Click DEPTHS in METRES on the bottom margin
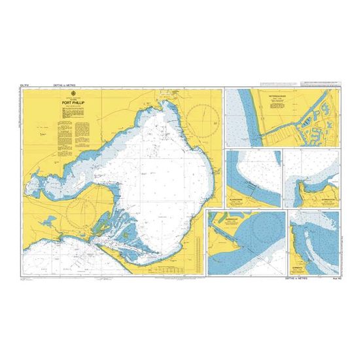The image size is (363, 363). click(298, 277)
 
